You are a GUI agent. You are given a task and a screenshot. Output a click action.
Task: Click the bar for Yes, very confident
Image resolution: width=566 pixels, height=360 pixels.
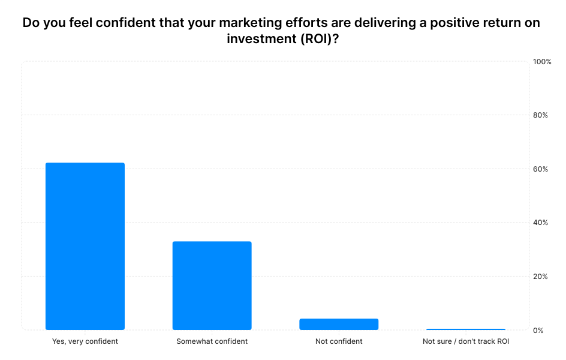(x=85, y=246)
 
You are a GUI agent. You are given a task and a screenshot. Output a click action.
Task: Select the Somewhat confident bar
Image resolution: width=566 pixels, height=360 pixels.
(x=212, y=286)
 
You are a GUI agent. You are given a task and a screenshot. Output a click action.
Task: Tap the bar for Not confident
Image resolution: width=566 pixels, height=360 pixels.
(x=339, y=324)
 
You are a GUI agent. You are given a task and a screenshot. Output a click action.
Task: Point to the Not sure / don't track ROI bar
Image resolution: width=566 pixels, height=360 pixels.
(x=465, y=329)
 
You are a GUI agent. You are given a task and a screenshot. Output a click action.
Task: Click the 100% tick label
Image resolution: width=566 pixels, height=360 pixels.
(x=542, y=62)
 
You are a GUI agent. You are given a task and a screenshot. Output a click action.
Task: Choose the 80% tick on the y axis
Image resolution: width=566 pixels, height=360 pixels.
(x=540, y=115)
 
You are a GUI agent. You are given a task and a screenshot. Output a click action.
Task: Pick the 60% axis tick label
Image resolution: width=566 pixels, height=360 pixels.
(x=540, y=169)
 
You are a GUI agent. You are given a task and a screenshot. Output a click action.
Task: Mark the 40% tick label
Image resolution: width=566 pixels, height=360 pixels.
(x=540, y=223)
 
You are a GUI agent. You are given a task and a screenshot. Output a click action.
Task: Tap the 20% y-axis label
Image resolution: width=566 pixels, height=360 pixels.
(x=540, y=277)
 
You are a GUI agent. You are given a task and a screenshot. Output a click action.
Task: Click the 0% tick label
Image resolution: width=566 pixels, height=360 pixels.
(x=538, y=331)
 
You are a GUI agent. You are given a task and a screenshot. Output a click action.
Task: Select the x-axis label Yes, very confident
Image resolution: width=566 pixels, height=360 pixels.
(x=85, y=341)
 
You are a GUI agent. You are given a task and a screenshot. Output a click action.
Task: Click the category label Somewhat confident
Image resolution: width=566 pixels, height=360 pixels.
(x=212, y=341)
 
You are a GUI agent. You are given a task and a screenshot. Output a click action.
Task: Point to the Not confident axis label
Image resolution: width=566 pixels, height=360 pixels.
(x=339, y=341)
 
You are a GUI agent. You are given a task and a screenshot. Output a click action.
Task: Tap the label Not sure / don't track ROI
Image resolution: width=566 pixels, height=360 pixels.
(x=466, y=341)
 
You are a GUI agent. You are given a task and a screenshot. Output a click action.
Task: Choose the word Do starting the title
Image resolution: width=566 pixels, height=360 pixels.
(x=31, y=23)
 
